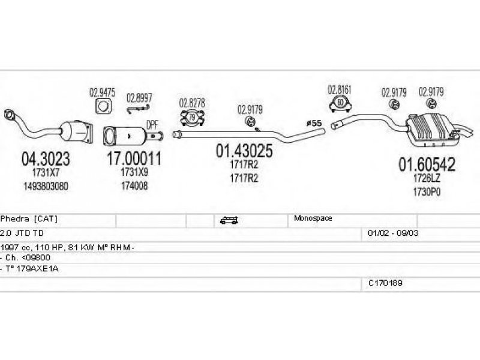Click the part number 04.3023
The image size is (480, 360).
tap(46, 159)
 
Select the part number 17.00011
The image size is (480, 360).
tap(134, 158)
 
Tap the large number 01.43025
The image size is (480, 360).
tap(244, 151)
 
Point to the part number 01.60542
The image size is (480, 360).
tap(427, 164)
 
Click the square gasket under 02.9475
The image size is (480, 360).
tap(103, 106)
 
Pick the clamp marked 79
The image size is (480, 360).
tap(192, 118)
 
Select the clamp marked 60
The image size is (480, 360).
tap(340, 103)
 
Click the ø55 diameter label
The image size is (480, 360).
tap(314, 123)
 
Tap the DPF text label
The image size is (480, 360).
tap(152, 125)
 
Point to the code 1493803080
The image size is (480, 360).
tap(46, 186)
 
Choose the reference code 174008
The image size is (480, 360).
tap(134, 186)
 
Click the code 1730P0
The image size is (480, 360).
tap(427, 192)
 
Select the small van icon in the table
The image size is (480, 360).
tap(229, 220)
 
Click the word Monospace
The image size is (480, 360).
tap(313, 218)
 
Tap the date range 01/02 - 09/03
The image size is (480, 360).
tap(393, 233)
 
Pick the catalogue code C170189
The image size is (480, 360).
tap(385, 283)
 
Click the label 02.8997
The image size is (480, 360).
tap(139, 98)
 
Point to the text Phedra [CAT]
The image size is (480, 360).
tap(29, 219)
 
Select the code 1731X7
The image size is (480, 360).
tap(46, 173)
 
